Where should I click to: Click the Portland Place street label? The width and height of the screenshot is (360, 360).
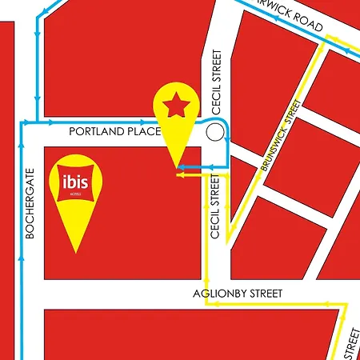click(x=115, y=131)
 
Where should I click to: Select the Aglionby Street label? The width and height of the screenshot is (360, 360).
click(x=238, y=294)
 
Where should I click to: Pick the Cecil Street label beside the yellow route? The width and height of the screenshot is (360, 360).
click(x=214, y=207)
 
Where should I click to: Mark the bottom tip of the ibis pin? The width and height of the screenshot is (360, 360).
click(x=76, y=253)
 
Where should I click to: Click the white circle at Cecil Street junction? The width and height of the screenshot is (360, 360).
click(x=214, y=132)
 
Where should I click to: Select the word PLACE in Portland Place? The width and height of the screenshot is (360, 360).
click(x=145, y=131)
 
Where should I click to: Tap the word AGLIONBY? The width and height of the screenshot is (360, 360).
click(x=218, y=294)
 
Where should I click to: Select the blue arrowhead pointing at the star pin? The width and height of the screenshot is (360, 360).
click(x=182, y=166)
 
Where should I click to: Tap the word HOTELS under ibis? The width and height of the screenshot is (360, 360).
click(x=77, y=194)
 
